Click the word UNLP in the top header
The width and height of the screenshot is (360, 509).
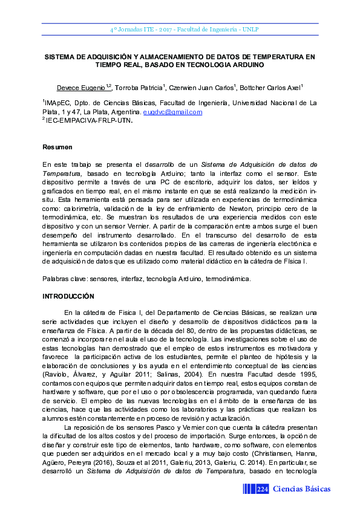[250, 29]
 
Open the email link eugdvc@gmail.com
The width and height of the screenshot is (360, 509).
[172, 112]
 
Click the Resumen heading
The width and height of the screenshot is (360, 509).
[57, 147]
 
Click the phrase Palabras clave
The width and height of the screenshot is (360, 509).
[64, 279]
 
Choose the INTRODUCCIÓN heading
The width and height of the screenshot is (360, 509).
[68, 296]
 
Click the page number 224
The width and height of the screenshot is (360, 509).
[263, 488]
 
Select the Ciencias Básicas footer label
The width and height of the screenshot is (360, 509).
[301, 488]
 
